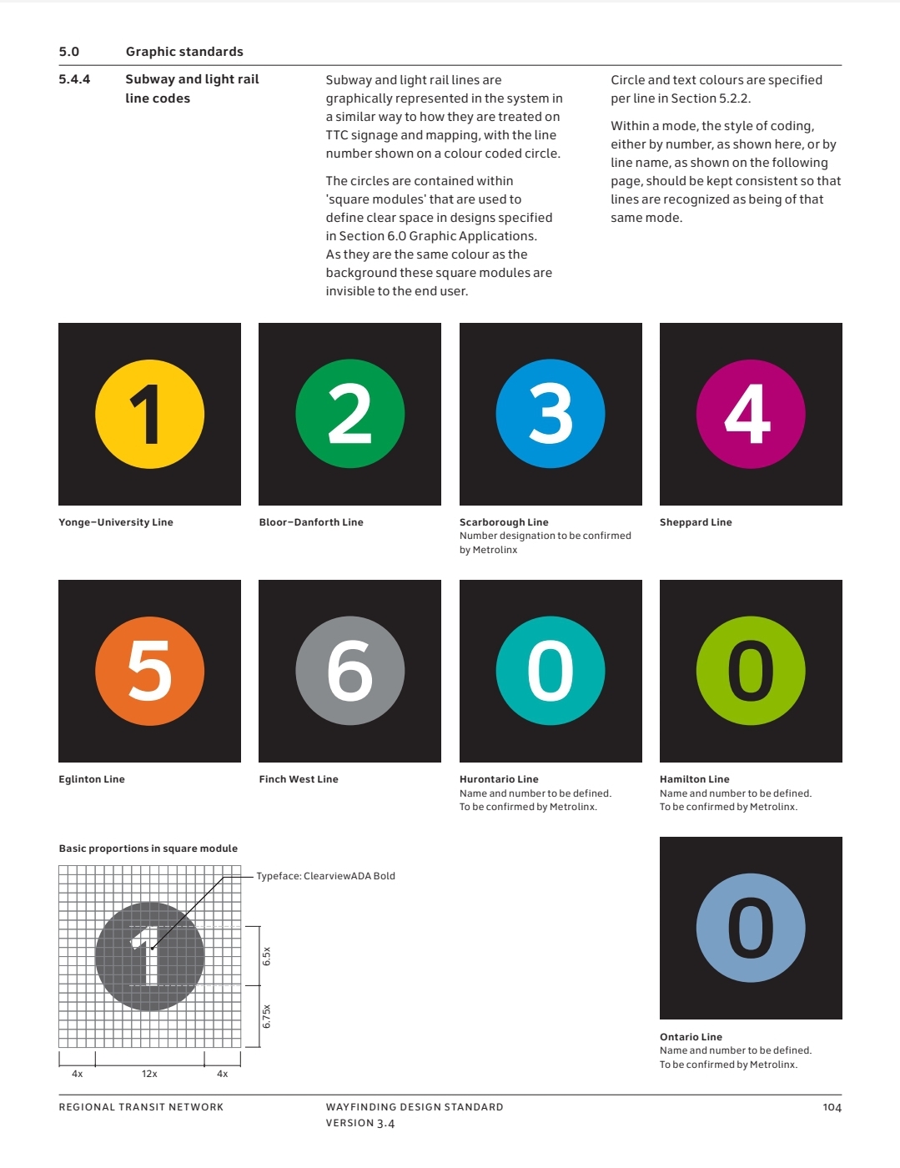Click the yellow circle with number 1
[150, 414]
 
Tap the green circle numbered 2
[349, 414]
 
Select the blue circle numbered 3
[551, 414]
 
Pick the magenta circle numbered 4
[751, 414]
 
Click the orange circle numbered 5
[150, 671]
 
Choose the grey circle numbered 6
[349, 671]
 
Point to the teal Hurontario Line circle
[551, 671]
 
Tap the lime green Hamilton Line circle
[751, 671]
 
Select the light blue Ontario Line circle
[751, 928]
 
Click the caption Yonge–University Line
[115, 522]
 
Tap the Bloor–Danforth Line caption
[311, 522]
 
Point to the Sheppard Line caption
[696, 522]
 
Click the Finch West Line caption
[299, 779]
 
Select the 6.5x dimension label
[267, 956]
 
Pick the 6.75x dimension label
[267, 1016]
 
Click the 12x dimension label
[149, 1074]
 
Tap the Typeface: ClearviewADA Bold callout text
[325, 876]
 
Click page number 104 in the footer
[832, 1107]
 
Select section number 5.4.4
[74, 79]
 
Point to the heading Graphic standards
[184, 52]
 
